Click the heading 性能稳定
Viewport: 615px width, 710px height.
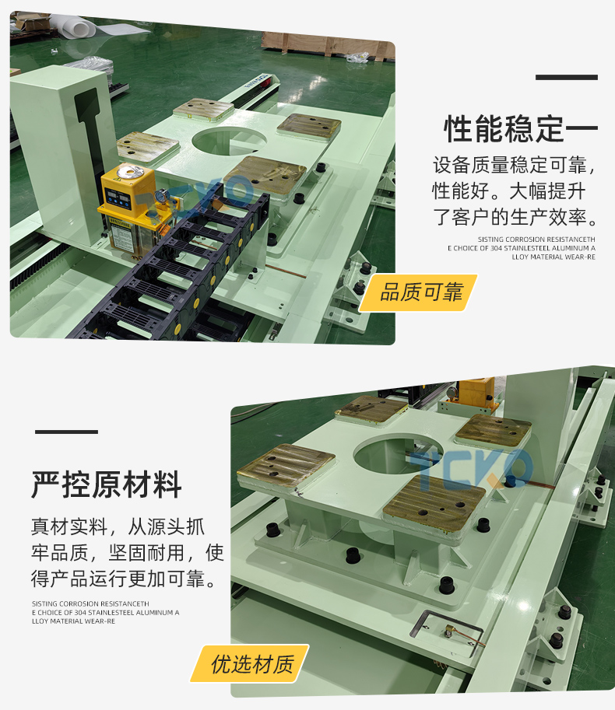pos(504,129)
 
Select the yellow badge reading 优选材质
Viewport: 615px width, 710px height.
pos(250,664)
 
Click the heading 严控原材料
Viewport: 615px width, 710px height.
pos(107,485)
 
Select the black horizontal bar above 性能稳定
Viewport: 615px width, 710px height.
pos(567,78)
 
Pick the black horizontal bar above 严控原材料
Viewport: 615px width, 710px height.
pos(67,432)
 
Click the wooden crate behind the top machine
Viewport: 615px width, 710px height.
pos(327,45)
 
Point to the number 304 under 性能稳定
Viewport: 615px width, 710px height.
pos(496,248)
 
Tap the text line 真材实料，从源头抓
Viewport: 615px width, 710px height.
pos(118,526)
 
